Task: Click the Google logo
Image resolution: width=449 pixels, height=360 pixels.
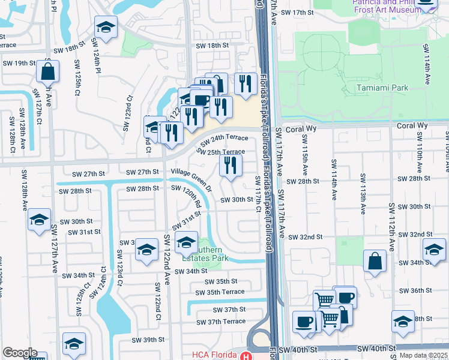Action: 20,353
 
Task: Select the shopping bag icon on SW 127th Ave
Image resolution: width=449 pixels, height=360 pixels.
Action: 47,71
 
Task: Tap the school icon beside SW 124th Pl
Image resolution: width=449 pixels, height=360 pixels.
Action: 106,28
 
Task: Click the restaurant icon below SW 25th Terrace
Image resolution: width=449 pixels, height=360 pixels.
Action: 231,165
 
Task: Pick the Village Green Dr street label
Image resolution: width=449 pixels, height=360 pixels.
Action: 191,179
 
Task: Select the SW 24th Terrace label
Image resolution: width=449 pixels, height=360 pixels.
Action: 224,139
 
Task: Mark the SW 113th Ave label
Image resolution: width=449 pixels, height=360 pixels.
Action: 363,193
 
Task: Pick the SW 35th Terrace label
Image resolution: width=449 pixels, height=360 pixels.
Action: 221,292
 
